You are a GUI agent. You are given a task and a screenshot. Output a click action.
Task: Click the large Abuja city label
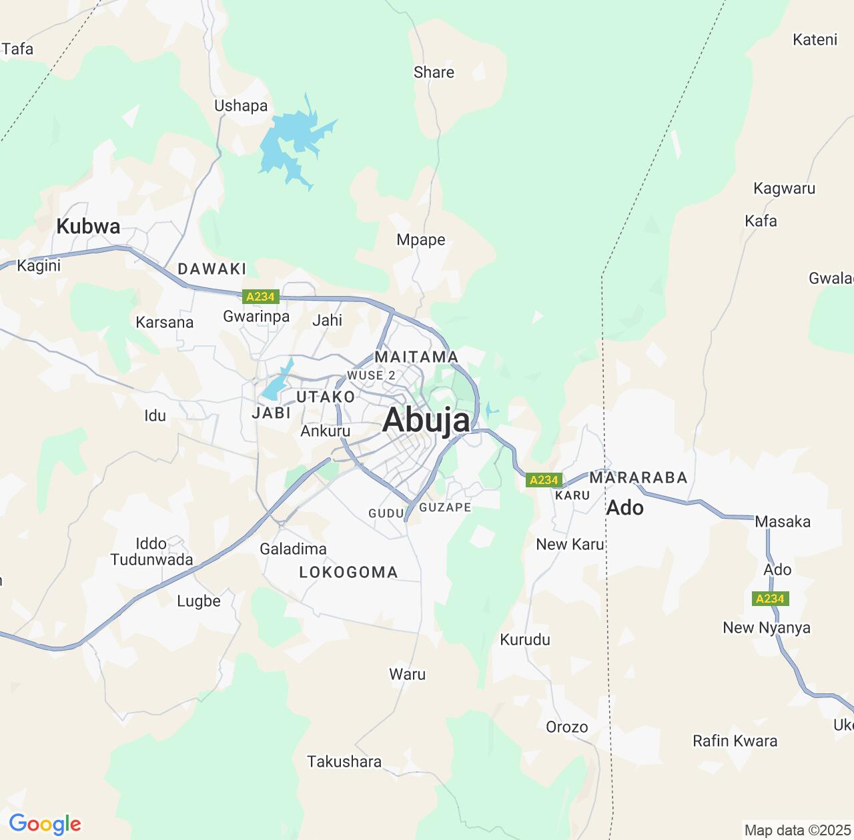click(427, 421)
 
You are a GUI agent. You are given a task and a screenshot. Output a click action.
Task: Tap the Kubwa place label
click(88, 227)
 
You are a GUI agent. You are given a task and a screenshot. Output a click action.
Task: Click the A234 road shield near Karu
click(543, 480)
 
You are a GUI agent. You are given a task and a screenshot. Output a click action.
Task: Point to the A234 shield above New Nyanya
click(770, 599)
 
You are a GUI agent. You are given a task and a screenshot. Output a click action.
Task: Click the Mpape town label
click(420, 240)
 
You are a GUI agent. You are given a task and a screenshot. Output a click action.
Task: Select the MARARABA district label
click(638, 478)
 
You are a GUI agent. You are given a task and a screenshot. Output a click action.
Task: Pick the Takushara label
click(344, 761)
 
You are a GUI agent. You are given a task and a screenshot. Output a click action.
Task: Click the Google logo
click(45, 824)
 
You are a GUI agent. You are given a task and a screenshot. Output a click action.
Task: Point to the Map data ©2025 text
click(797, 831)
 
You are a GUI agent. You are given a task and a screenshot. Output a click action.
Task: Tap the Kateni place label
click(815, 40)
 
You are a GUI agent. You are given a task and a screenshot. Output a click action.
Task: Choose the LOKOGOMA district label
click(348, 572)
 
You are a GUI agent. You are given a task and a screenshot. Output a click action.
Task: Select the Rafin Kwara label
click(735, 741)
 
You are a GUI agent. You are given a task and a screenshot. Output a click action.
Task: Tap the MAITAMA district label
click(416, 357)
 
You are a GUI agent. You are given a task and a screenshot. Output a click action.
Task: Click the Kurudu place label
click(525, 640)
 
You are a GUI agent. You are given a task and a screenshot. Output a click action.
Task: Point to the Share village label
click(434, 73)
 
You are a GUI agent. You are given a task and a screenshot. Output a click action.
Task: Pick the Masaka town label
click(783, 522)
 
